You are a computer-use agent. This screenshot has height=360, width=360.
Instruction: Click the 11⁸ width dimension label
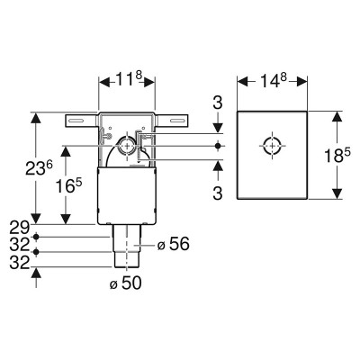click(x=129, y=79)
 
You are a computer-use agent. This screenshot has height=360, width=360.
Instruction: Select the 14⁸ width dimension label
click(x=274, y=80)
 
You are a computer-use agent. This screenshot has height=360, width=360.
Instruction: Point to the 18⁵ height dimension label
click(x=337, y=155)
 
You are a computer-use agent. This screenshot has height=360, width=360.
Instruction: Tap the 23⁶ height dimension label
click(x=39, y=167)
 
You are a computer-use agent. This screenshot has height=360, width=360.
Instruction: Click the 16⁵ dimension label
click(x=68, y=186)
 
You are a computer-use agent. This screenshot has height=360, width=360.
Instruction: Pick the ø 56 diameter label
click(x=174, y=244)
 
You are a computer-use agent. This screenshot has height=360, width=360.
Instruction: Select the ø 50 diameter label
click(x=125, y=283)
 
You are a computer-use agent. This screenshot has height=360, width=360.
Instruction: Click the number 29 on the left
click(x=20, y=229)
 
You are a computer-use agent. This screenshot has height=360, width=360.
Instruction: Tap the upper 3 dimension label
click(x=218, y=103)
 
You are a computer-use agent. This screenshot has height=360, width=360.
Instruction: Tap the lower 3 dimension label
click(x=218, y=193)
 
